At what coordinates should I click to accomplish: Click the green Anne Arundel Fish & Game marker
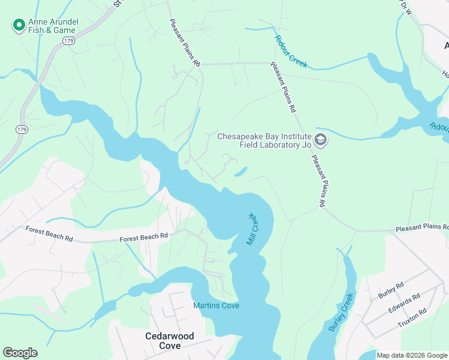[19, 25]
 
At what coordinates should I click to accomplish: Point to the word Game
[65, 31]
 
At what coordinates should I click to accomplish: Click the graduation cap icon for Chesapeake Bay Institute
[321, 140]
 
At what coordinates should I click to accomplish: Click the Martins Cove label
[216, 306]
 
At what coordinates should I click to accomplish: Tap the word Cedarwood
[170, 336]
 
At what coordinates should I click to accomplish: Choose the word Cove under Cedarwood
[170, 346]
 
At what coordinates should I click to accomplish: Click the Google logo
[20, 353]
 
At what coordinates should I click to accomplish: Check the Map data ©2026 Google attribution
[411, 355]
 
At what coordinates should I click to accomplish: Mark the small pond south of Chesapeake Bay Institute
[240, 173]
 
